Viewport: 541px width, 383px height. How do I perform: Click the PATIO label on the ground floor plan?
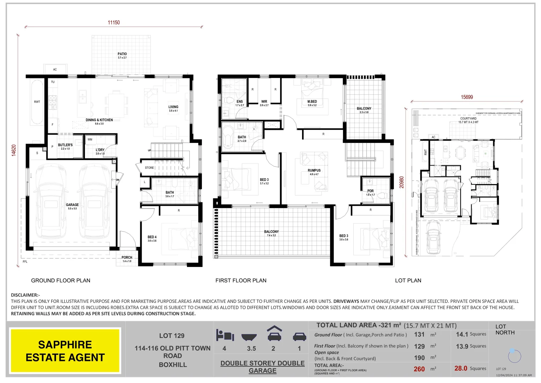[x=122, y=54]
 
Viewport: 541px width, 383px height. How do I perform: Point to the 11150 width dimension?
[x=114, y=22]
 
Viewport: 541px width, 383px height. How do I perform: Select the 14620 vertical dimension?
[x=14, y=150]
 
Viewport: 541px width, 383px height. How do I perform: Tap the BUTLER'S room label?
[x=65, y=145]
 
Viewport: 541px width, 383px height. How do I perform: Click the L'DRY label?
[x=100, y=150]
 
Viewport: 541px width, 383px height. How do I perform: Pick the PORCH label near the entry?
[x=127, y=258]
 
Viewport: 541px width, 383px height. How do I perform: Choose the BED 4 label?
[x=152, y=237]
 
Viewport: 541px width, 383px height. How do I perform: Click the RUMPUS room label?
[x=314, y=171]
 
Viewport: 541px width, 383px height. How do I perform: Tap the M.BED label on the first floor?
[x=312, y=102]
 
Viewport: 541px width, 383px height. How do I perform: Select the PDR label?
[x=370, y=191]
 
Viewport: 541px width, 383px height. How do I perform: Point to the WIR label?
[x=264, y=102]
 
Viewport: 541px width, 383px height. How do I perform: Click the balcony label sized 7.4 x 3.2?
[x=271, y=232]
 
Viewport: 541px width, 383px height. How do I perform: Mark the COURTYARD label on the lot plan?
[x=468, y=119]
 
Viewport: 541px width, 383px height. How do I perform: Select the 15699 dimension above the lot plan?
[x=467, y=97]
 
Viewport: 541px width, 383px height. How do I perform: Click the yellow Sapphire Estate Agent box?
[x=65, y=351]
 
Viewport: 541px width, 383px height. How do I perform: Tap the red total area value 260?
[x=419, y=369]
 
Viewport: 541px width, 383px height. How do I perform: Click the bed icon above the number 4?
[x=225, y=335]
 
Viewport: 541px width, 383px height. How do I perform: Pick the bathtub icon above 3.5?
[x=251, y=337]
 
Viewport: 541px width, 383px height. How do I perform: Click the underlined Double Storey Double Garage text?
[x=262, y=367]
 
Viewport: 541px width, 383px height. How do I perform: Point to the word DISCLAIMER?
[x=25, y=295]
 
